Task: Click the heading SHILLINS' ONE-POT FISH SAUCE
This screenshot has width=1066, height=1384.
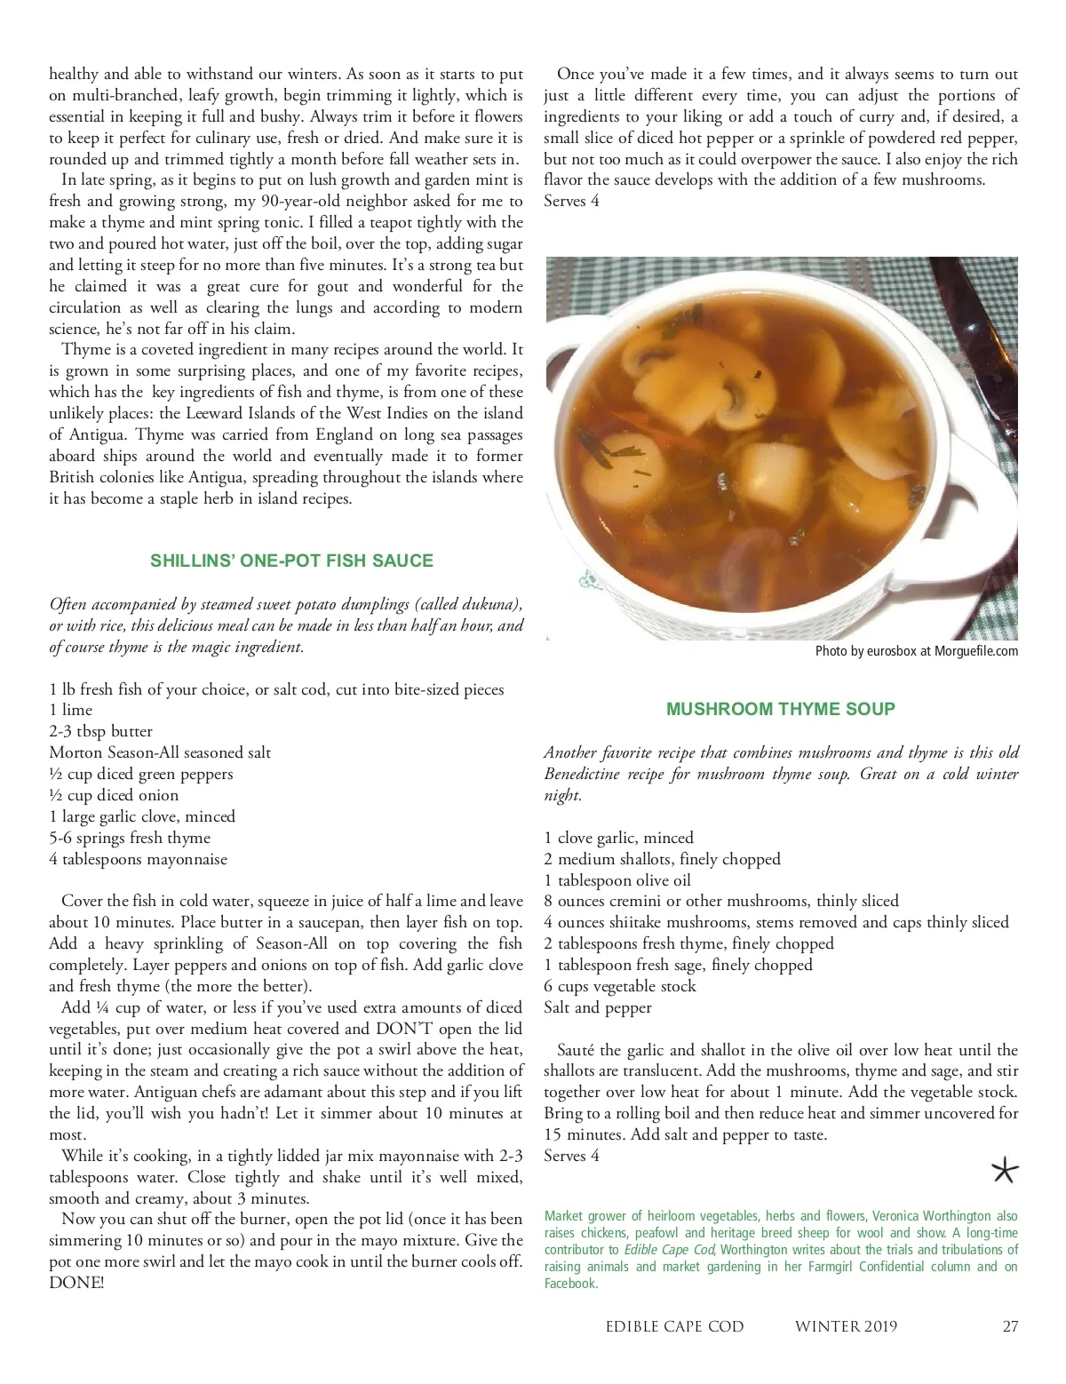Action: pyautogui.click(x=291, y=561)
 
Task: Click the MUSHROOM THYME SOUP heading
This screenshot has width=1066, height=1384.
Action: pyautogui.click(x=780, y=709)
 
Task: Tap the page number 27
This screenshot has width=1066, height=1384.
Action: pyautogui.click(x=1010, y=1326)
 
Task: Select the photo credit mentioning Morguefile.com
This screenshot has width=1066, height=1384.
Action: pyautogui.click(x=916, y=651)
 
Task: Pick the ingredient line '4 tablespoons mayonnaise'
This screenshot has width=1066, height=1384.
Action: pyautogui.click(x=138, y=859)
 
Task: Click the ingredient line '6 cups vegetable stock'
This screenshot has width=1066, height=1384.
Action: pyautogui.click(x=620, y=986)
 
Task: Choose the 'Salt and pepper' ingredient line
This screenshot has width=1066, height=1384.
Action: pyautogui.click(x=598, y=1007)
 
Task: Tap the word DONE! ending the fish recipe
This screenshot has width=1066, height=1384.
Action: pyautogui.click(x=76, y=1283)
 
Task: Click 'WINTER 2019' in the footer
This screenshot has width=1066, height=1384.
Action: pyautogui.click(x=846, y=1326)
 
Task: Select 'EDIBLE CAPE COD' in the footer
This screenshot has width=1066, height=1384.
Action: pyautogui.click(x=674, y=1326)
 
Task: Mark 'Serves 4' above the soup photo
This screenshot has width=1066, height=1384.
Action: pyautogui.click(x=571, y=201)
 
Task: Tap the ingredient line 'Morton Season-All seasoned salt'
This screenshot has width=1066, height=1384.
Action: pyautogui.click(x=160, y=752)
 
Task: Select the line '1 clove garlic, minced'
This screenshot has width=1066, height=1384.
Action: pyautogui.click(x=618, y=838)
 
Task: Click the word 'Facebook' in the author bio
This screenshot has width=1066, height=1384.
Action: pyautogui.click(x=570, y=1283)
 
